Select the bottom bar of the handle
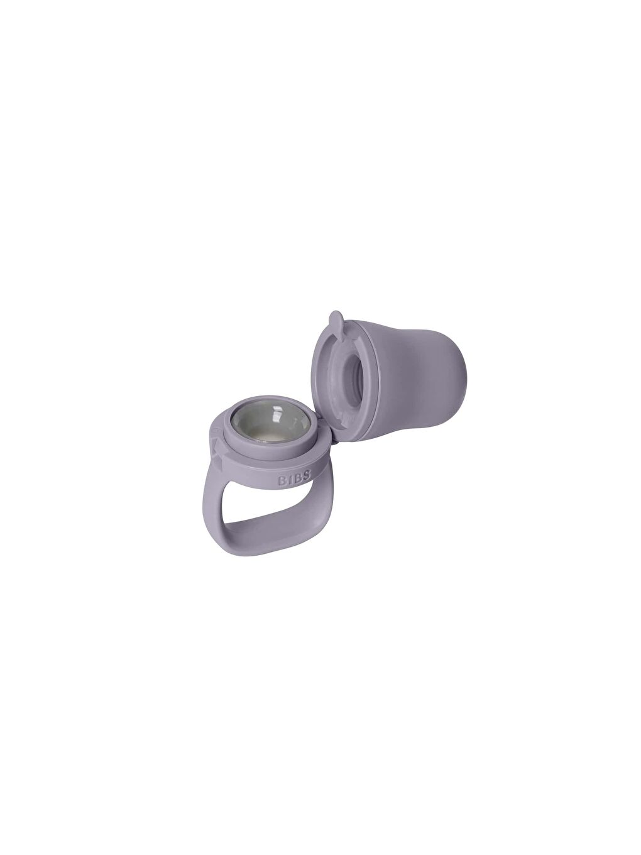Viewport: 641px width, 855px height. coord(277,525)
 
